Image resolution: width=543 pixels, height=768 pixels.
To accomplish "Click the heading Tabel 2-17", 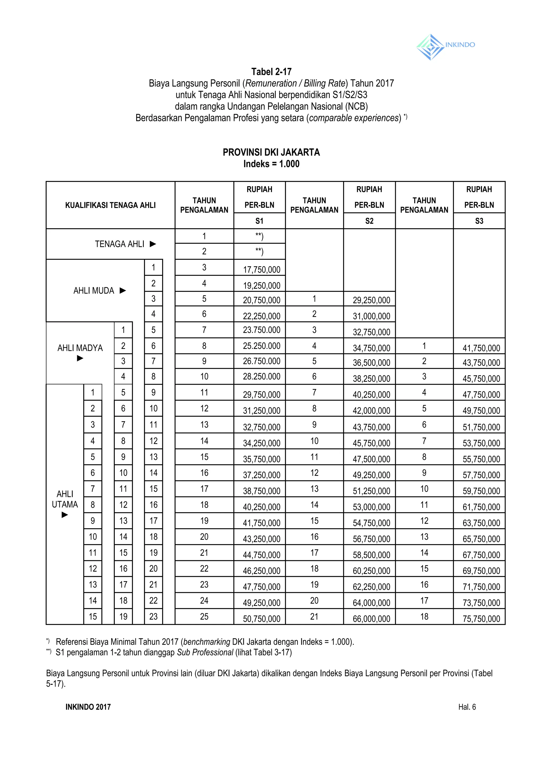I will pyautogui.click(x=271, y=72).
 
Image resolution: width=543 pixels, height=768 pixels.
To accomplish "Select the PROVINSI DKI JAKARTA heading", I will pyautogui.click(x=271, y=153).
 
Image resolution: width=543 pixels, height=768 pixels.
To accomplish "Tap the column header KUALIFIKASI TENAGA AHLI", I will pyautogui.click(x=110, y=205).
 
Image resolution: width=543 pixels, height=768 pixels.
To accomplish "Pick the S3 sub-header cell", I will pyautogui.click(x=479, y=221).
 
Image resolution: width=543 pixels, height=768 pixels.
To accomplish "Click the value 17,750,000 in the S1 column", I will pyautogui.click(x=261, y=270).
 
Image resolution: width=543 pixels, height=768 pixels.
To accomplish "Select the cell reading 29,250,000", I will pyautogui.click(x=371, y=300).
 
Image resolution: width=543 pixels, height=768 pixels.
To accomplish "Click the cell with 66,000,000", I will pyautogui.click(x=371, y=619).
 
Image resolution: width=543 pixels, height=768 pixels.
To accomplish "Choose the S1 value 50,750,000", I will pyautogui.click(x=261, y=619).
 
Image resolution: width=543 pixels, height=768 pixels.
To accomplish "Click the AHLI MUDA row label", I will pyautogui.click(x=94, y=290).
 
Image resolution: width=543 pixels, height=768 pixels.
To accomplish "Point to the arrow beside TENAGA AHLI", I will pyautogui.click(x=153, y=244).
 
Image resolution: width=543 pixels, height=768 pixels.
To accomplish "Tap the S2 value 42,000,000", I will pyautogui.click(x=371, y=411).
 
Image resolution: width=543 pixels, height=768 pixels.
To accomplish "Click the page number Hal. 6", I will pyautogui.click(x=467, y=707).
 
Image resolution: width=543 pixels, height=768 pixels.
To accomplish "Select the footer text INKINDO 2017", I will pyautogui.click(x=88, y=707).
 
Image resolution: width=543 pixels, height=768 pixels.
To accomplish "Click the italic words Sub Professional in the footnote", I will pyautogui.click(x=205, y=652).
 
